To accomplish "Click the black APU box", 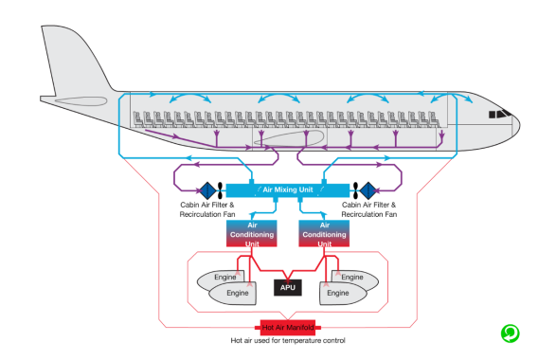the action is [x=288, y=287].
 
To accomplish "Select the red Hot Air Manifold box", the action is [x=288, y=328].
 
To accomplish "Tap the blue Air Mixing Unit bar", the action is [x=288, y=190].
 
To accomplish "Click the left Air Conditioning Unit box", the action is [x=252, y=234].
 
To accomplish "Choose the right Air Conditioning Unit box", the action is [x=324, y=234].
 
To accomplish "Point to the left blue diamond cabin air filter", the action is [x=207, y=190].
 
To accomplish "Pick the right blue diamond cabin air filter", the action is [x=368, y=190].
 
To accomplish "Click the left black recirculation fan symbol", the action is [x=220, y=190].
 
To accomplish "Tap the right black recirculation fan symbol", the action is [x=355, y=190].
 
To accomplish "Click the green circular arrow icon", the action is [x=510, y=333].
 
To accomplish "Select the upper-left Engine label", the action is [x=225, y=277].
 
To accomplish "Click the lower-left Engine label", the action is [x=238, y=293].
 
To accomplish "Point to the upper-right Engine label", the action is [x=352, y=277].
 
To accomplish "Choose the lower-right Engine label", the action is [x=338, y=293].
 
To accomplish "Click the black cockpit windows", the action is [x=499, y=114].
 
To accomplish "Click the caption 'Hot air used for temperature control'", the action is [x=288, y=340].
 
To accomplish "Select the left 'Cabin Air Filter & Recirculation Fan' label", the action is [x=207, y=209].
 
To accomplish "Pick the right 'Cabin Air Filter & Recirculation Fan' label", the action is [x=369, y=209].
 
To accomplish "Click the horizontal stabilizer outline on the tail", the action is [x=81, y=101].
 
